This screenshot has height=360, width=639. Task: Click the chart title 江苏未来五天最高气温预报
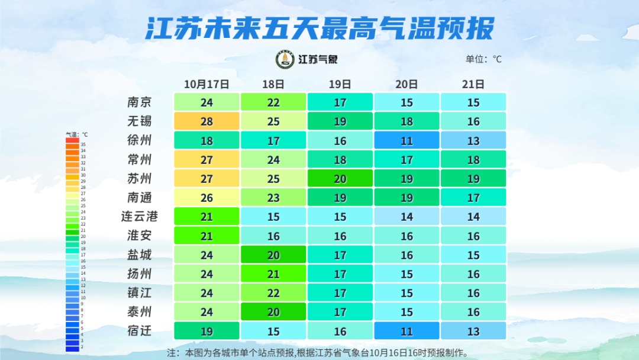(319, 28)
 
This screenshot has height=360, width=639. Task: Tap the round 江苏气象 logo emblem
(285, 59)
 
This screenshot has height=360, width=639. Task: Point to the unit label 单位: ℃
(483, 59)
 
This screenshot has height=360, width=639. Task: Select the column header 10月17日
(206, 84)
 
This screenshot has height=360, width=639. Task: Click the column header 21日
(473, 84)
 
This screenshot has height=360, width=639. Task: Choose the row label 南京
(140, 102)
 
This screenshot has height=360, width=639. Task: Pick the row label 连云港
(140, 217)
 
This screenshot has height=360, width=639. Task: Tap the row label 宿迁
(140, 331)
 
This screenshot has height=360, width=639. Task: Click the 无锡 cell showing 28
(206, 121)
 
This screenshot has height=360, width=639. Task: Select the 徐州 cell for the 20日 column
(406, 140)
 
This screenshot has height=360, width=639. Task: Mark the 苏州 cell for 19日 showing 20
(340, 179)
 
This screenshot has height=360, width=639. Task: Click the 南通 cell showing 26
(206, 198)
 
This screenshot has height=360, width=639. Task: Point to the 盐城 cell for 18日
(273, 255)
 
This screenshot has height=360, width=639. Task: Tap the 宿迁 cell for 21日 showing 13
(473, 331)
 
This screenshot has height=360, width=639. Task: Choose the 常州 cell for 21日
(473, 159)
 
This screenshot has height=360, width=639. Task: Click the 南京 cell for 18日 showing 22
(273, 102)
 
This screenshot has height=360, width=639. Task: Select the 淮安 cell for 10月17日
(206, 236)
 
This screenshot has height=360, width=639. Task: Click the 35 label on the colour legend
(83, 144)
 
